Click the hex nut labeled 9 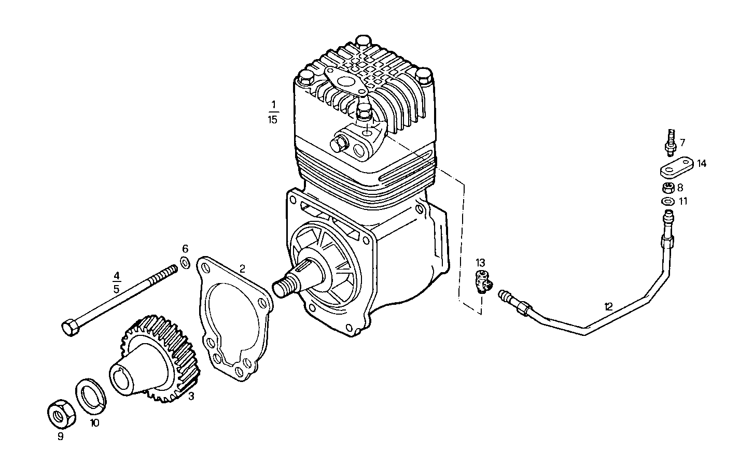pyautogui.click(x=60, y=414)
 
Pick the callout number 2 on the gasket pyautogui.click(x=242, y=269)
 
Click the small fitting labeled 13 pyautogui.click(x=483, y=280)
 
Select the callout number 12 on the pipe pyautogui.click(x=608, y=306)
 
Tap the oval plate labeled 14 pyautogui.click(x=676, y=168)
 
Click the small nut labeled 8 pyautogui.click(x=668, y=188)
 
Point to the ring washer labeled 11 pyautogui.click(x=668, y=201)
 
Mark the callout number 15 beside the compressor pyautogui.click(x=273, y=119)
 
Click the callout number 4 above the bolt pyautogui.click(x=117, y=275)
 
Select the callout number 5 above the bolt pyautogui.click(x=117, y=289)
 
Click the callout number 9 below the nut pyautogui.click(x=60, y=436)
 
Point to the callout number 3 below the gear pyautogui.click(x=191, y=397)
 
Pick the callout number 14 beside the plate pyautogui.click(x=702, y=164)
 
